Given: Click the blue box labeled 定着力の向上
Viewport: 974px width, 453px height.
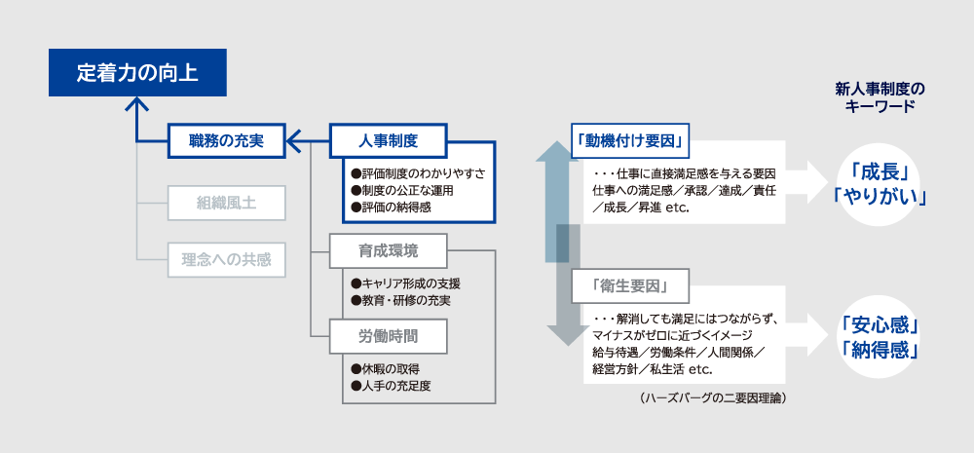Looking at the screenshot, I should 137,73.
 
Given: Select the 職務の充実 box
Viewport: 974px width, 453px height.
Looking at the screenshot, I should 226,141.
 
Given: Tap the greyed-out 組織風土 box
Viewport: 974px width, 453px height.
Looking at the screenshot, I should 226,204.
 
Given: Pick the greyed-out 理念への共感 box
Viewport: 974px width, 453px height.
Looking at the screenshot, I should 226,260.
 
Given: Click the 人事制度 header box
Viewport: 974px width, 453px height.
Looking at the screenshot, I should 388,141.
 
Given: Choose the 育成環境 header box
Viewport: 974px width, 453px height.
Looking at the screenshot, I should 388,250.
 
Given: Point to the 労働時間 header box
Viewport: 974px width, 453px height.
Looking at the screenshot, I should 388,335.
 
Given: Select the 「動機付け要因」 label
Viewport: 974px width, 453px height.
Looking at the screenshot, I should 631,140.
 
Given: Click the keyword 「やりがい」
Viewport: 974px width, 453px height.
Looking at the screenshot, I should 879,195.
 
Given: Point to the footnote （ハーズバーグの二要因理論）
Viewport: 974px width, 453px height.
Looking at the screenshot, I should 713,398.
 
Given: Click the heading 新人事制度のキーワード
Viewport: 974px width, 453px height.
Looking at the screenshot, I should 880,97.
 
